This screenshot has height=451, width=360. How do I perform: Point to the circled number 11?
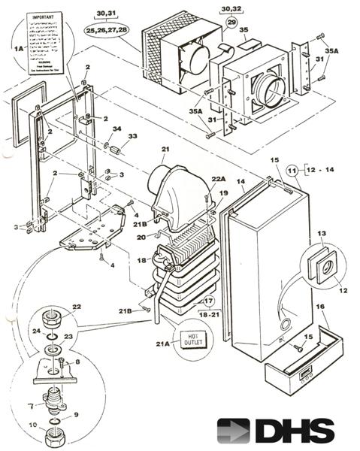click(293, 171)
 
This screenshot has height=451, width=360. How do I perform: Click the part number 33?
click(133, 136)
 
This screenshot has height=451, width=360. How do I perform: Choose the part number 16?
click(321, 307)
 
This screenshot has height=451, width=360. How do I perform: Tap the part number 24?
click(35, 330)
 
